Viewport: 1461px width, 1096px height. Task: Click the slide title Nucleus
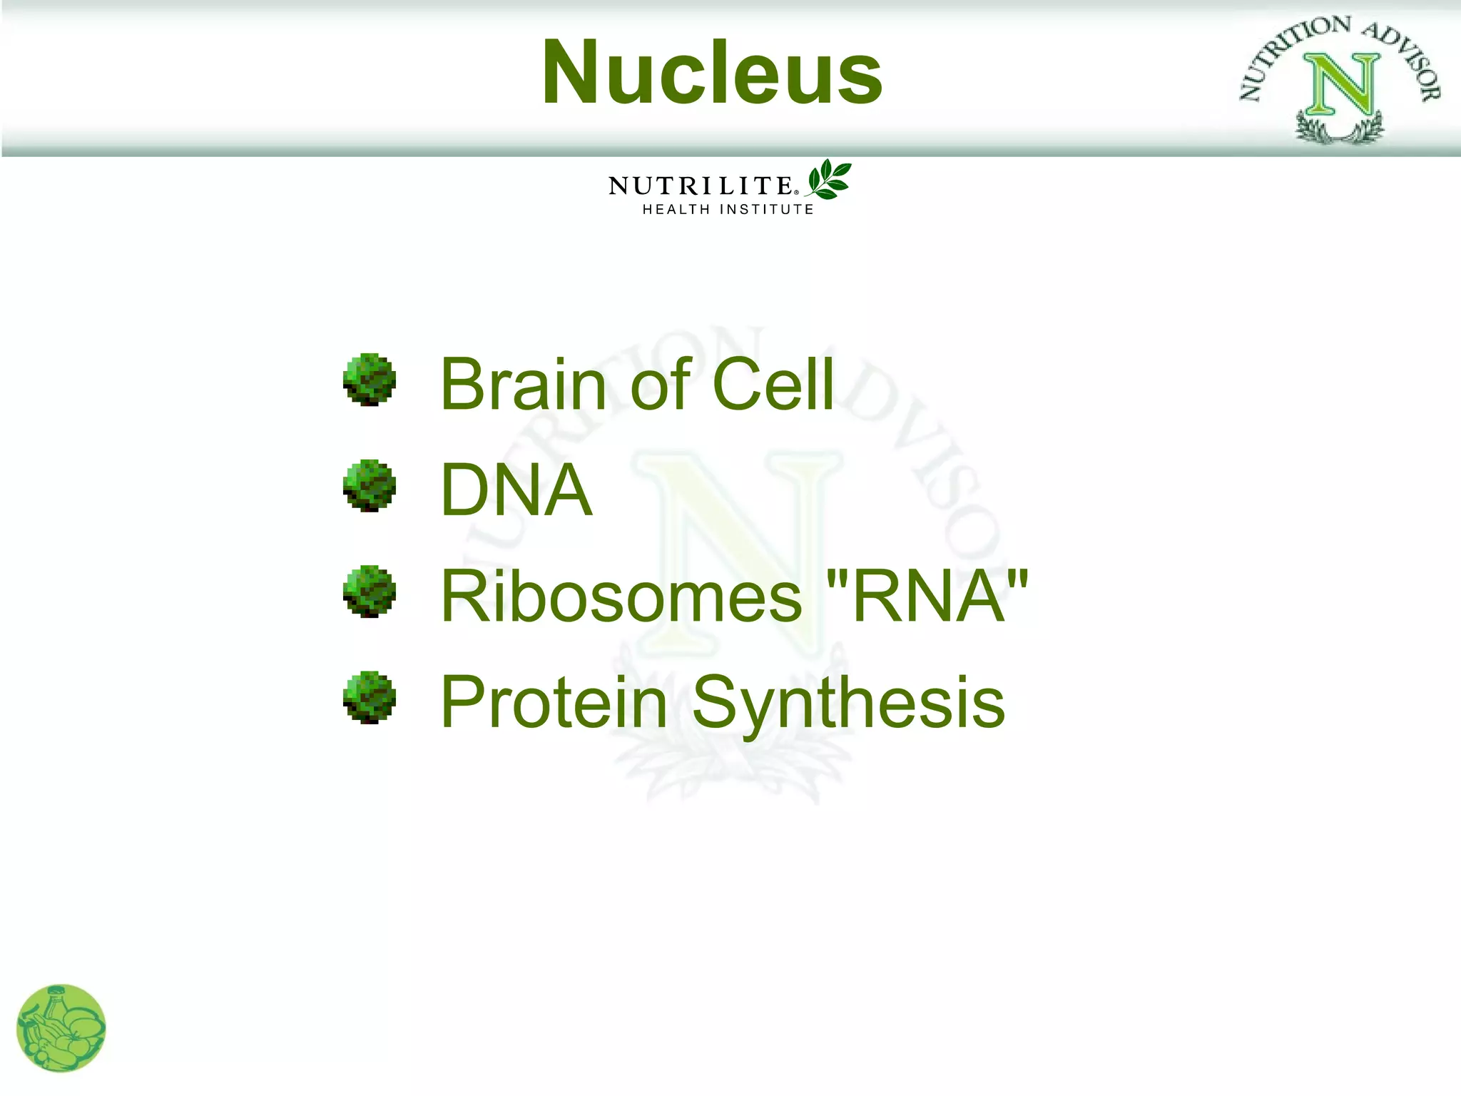[x=712, y=73]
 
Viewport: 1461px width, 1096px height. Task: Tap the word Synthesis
[x=848, y=704]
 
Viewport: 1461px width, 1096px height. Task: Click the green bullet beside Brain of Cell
[x=369, y=380]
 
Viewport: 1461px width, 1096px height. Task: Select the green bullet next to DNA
[x=369, y=485]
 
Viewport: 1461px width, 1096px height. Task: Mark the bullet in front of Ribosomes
[x=369, y=592]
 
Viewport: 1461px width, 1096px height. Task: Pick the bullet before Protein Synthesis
[x=369, y=697]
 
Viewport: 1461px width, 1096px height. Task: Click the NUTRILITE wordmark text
[x=701, y=186]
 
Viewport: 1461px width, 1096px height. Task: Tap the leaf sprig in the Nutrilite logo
[x=829, y=179]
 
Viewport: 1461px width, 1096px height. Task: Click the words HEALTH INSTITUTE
[x=728, y=210]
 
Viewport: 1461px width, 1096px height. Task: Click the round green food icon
[x=61, y=1028]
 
